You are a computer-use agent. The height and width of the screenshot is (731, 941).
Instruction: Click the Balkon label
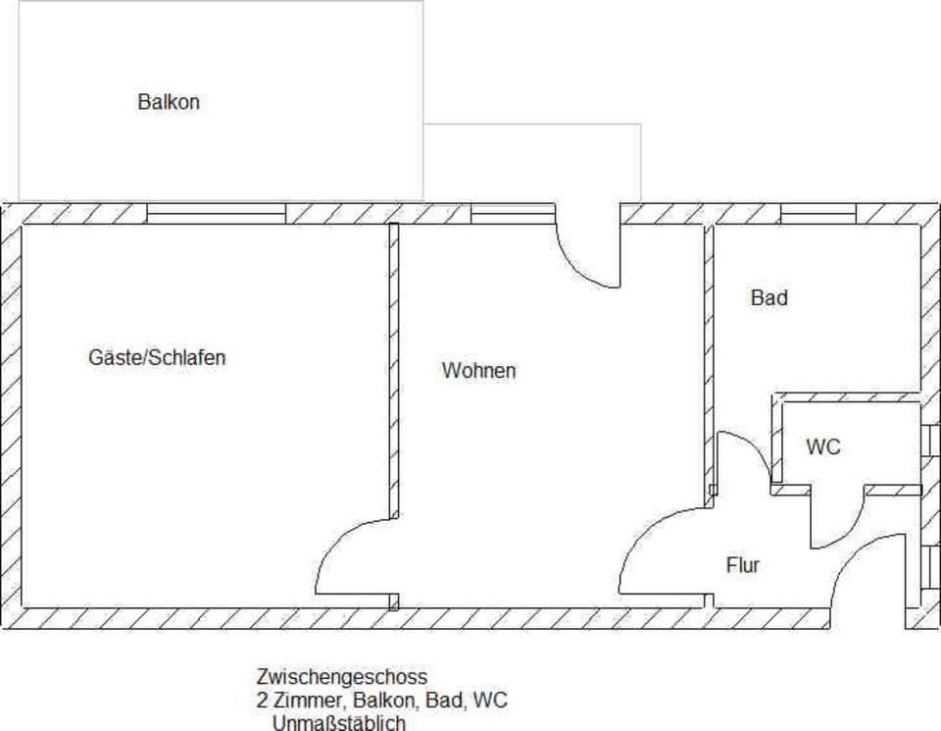(x=169, y=102)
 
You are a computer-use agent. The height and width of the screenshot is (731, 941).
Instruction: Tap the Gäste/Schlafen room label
(x=157, y=358)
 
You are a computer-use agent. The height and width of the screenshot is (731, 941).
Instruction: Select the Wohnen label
(x=478, y=371)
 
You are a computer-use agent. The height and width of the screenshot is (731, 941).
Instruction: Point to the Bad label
(x=768, y=298)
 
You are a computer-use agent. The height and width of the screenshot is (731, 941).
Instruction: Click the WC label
(x=823, y=447)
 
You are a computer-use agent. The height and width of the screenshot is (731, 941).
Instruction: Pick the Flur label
(x=742, y=565)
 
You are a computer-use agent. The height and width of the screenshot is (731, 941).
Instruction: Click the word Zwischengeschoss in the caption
(x=341, y=677)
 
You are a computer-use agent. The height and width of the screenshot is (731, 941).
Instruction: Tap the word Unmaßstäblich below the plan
(x=338, y=723)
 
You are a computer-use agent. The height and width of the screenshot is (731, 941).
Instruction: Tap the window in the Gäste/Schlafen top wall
(x=216, y=213)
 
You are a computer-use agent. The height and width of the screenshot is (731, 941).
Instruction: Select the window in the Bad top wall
(x=817, y=213)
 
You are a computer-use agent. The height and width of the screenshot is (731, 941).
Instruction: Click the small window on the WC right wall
(x=930, y=441)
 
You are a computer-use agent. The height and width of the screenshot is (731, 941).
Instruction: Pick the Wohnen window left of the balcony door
(x=512, y=213)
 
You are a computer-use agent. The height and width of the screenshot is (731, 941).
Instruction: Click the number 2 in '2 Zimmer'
(x=262, y=701)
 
